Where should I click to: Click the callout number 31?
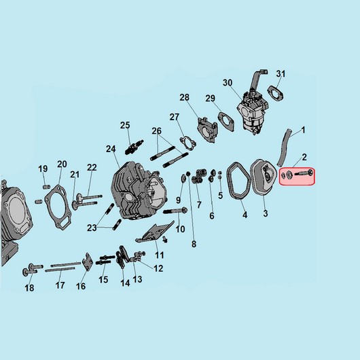[281, 74]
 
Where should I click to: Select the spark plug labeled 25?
[134, 147]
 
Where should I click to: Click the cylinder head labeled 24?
[139, 191]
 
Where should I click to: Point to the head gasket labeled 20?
[58, 206]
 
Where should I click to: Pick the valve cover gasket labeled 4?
[238, 181]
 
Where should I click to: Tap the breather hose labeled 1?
[284, 147]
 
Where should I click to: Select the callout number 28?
[184, 98]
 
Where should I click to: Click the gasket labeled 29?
[226, 122]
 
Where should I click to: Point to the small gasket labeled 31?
[276, 93]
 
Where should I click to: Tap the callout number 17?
[60, 285]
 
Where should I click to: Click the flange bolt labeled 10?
[175, 211]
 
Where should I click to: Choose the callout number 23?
[92, 228]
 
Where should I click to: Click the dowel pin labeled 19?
[47, 187]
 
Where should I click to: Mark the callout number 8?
[194, 244]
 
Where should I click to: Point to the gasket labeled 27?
[188, 144]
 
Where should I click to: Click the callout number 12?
[158, 268]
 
